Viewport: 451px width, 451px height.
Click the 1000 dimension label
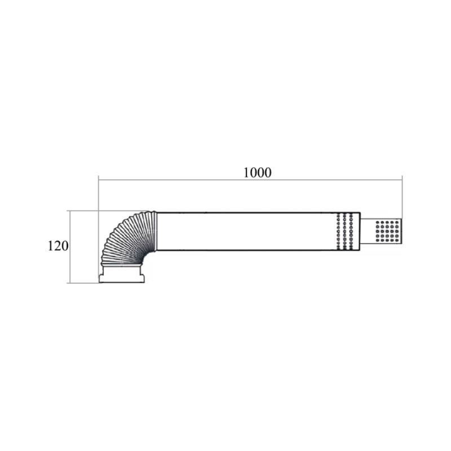pyautogui.click(x=258, y=173)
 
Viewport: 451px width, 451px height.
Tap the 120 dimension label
pyautogui.click(x=58, y=246)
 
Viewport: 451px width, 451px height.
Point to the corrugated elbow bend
pyautogui.click(x=126, y=236)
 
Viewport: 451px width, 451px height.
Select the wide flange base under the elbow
pyautogui.click(x=122, y=278)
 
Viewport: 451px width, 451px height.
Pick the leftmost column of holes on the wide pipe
pyautogui.click(x=338, y=231)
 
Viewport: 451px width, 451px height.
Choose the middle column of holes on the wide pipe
pyautogui.click(x=344, y=231)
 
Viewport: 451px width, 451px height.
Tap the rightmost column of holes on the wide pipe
pyautogui.click(x=351, y=231)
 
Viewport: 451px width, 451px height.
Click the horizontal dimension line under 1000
pyautogui.click(x=250, y=180)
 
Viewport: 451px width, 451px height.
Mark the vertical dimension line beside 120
pyautogui.click(x=70, y=247)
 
